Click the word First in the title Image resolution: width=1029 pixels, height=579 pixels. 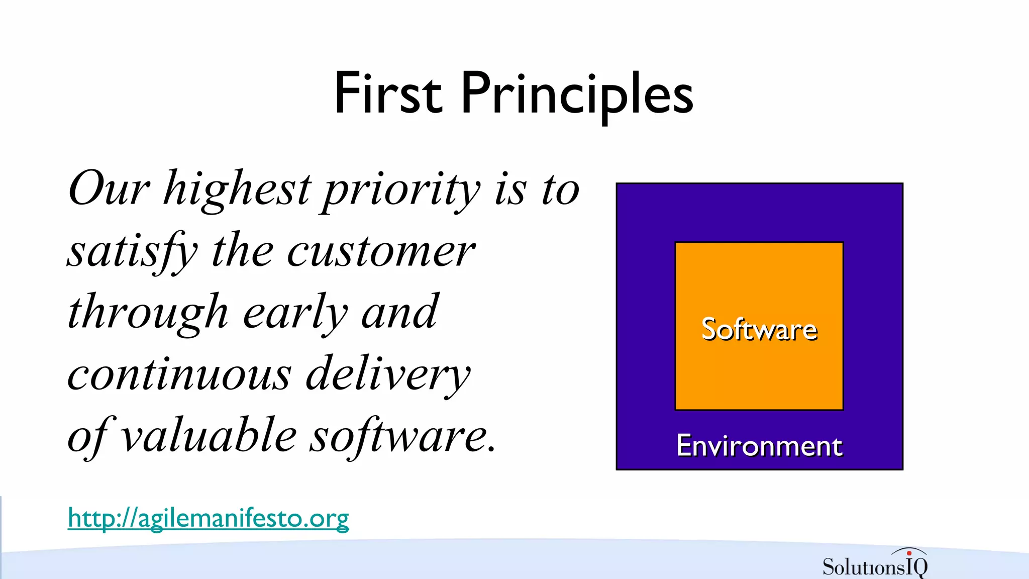(x=388, y=93)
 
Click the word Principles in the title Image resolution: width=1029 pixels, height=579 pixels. (x=576, y=93)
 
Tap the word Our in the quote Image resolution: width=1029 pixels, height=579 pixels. (x=109, y=188)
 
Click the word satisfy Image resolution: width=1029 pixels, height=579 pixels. (x=132, y=251)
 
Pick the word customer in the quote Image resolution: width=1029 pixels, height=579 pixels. (x=381, y=251)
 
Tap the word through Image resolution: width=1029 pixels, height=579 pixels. (x=148, y=313)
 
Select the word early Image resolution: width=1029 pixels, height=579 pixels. (x=295, y=313)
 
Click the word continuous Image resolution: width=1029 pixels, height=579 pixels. (x=179, y=374)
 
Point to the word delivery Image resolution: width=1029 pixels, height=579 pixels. (x=388, y=374)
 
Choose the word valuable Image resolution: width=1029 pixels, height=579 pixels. (x=209, y=436)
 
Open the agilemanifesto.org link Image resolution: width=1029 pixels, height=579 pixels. (x=208, y=518)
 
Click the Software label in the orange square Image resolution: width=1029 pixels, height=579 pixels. (x=759, y=330)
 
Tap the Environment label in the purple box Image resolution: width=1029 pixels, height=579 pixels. (x=759, y=445)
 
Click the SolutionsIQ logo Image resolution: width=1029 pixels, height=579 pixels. (x=875, y=565)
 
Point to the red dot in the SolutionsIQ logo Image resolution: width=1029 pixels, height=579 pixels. (x=909, y=553)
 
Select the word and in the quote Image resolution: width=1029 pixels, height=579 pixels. (x=399, y=313)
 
